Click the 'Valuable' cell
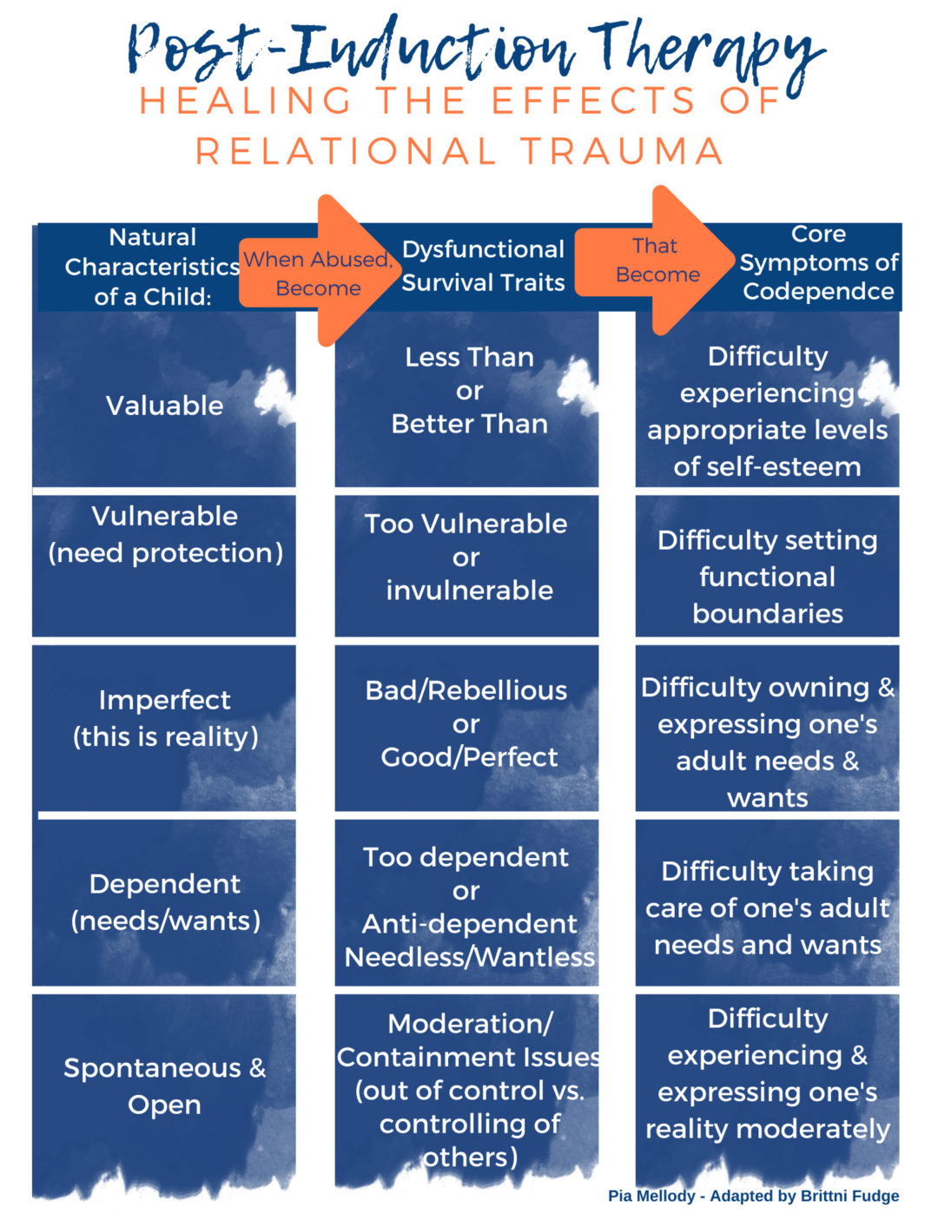[164, 405]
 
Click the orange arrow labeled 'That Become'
[657, 260]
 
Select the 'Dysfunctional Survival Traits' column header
[483, 266]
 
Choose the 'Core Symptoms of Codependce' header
[817, 263]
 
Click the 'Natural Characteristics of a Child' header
[152, 267]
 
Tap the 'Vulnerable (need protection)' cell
[164, 535]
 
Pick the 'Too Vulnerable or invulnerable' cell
[467, 557]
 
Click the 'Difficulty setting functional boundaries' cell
[767, 576]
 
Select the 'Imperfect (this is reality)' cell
[164, 718]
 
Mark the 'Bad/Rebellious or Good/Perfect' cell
[467, 723]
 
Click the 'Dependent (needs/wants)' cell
[164, 901]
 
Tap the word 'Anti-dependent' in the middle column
[469, 923]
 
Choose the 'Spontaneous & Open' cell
[164, 1085]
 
